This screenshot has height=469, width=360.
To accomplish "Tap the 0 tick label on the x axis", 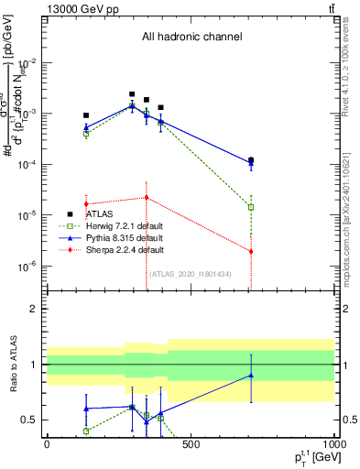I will click(x=47, y=444).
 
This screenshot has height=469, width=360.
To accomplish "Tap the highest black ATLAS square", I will click(x=132, y=94).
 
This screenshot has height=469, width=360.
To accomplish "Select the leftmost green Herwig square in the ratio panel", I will click(x=86, y=431).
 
